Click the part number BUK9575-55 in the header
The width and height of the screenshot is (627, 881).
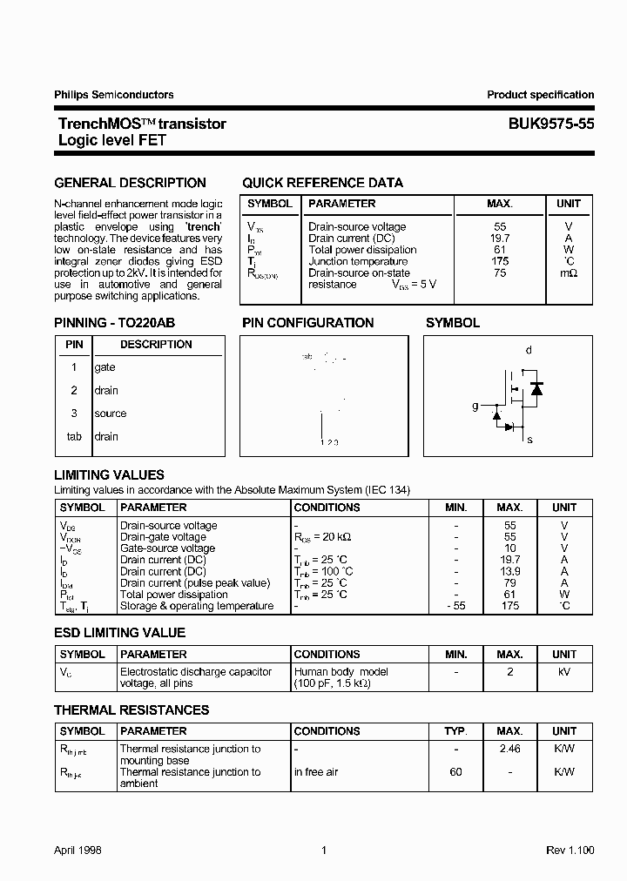pyautogui.click(x=551, y=124)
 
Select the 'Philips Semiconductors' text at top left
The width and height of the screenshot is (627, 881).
pyautogui.click(x=114, y=95)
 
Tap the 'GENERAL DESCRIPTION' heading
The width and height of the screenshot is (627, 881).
pyautogui.click(x=131, y=183)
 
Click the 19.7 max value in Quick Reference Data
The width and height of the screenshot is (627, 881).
pyautogui.click(x=500, y=238)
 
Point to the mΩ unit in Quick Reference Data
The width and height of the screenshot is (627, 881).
pyautogui.click(x=568, y=272)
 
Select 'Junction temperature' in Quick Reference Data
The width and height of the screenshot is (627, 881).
pyautogui.click(x=357, y=261)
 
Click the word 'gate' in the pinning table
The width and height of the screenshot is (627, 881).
pyautogui.click(x=104, y=367)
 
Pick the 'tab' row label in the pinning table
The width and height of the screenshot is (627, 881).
pyautogui.click(x=75, y=436)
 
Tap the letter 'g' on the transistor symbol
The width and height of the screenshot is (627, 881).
pyautogui.click(x=475, y=406)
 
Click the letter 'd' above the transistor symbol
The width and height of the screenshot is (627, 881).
pyautogui.click(x=529, y=350)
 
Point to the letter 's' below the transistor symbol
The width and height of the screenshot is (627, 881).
pyautogui.click(x=529, y=440)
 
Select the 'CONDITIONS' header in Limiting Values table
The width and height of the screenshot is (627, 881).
pyautogui.click(x=327, y=507)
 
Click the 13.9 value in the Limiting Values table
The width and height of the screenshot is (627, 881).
pyautogui.click(x=509, y=571)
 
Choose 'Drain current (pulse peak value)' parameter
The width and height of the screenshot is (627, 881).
pyautogui.click(x=195, y=582)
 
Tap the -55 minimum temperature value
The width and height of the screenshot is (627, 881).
pyautogui.click(x=455, y=605)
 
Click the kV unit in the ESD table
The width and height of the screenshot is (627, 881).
pyautogui.click(x=564, y=672)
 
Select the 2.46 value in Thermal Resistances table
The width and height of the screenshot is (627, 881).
pyautogui.click(x=509, y=749)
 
